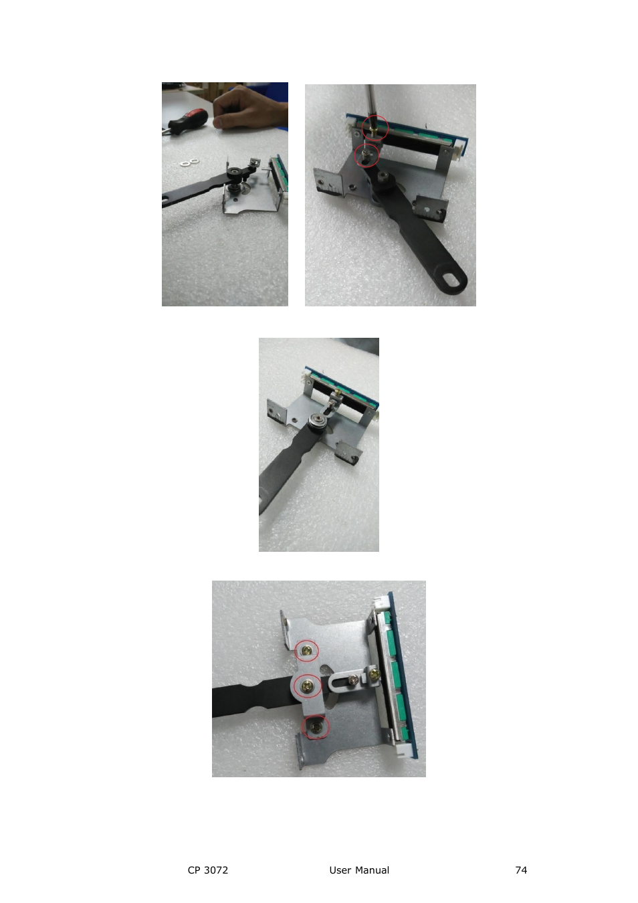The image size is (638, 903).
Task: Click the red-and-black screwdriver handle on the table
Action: tap(185, 122)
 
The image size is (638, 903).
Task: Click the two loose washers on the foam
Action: tap(190, 162)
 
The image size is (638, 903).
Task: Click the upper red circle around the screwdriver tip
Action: tap(375, 127)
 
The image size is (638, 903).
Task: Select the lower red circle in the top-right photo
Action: tap(366, 156)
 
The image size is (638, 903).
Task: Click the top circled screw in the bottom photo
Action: tap(307, 649)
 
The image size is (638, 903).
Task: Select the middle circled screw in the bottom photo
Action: tap(307, 686)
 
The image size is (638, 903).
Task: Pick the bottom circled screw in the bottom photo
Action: tap(315, 726)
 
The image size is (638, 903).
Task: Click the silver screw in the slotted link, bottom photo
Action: tap(352, 681)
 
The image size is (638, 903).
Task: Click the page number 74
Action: tap(521, 870)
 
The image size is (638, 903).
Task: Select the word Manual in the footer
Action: tap(373, 870)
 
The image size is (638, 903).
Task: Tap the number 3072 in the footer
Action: tap(216, 870)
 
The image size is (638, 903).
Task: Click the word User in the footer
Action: tap(340, 870)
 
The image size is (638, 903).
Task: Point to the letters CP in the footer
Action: tap(194, 870)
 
